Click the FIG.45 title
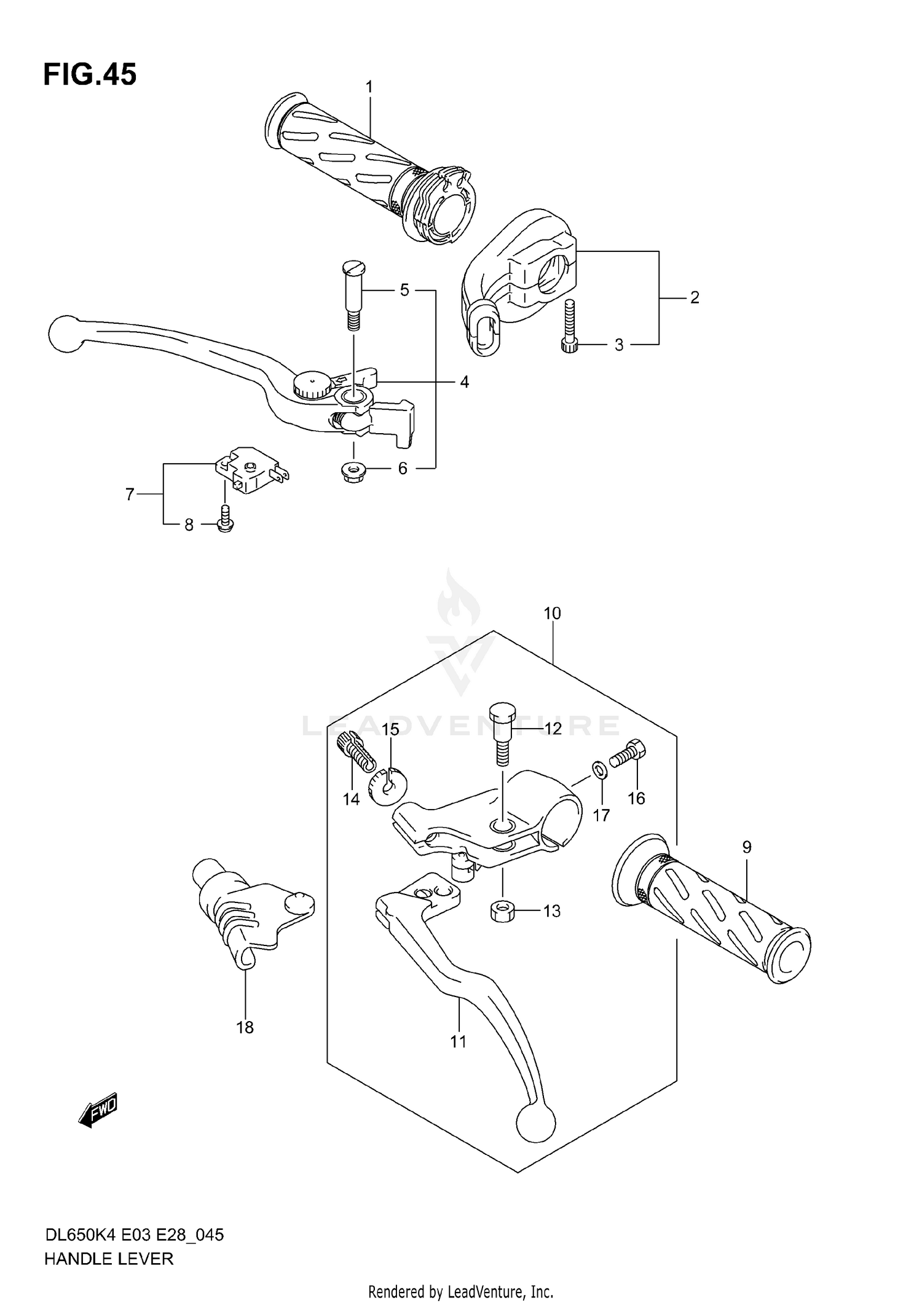click(x=90, y=75)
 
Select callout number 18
click(x=245, y=1027)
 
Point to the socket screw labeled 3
click(x=569, y=327)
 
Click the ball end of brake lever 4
click(x=65, y=335)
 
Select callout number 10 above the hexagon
click(x=552, y=613)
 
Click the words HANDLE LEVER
click(x=109, y=1259)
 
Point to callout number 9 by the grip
click(x=746, y=847)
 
